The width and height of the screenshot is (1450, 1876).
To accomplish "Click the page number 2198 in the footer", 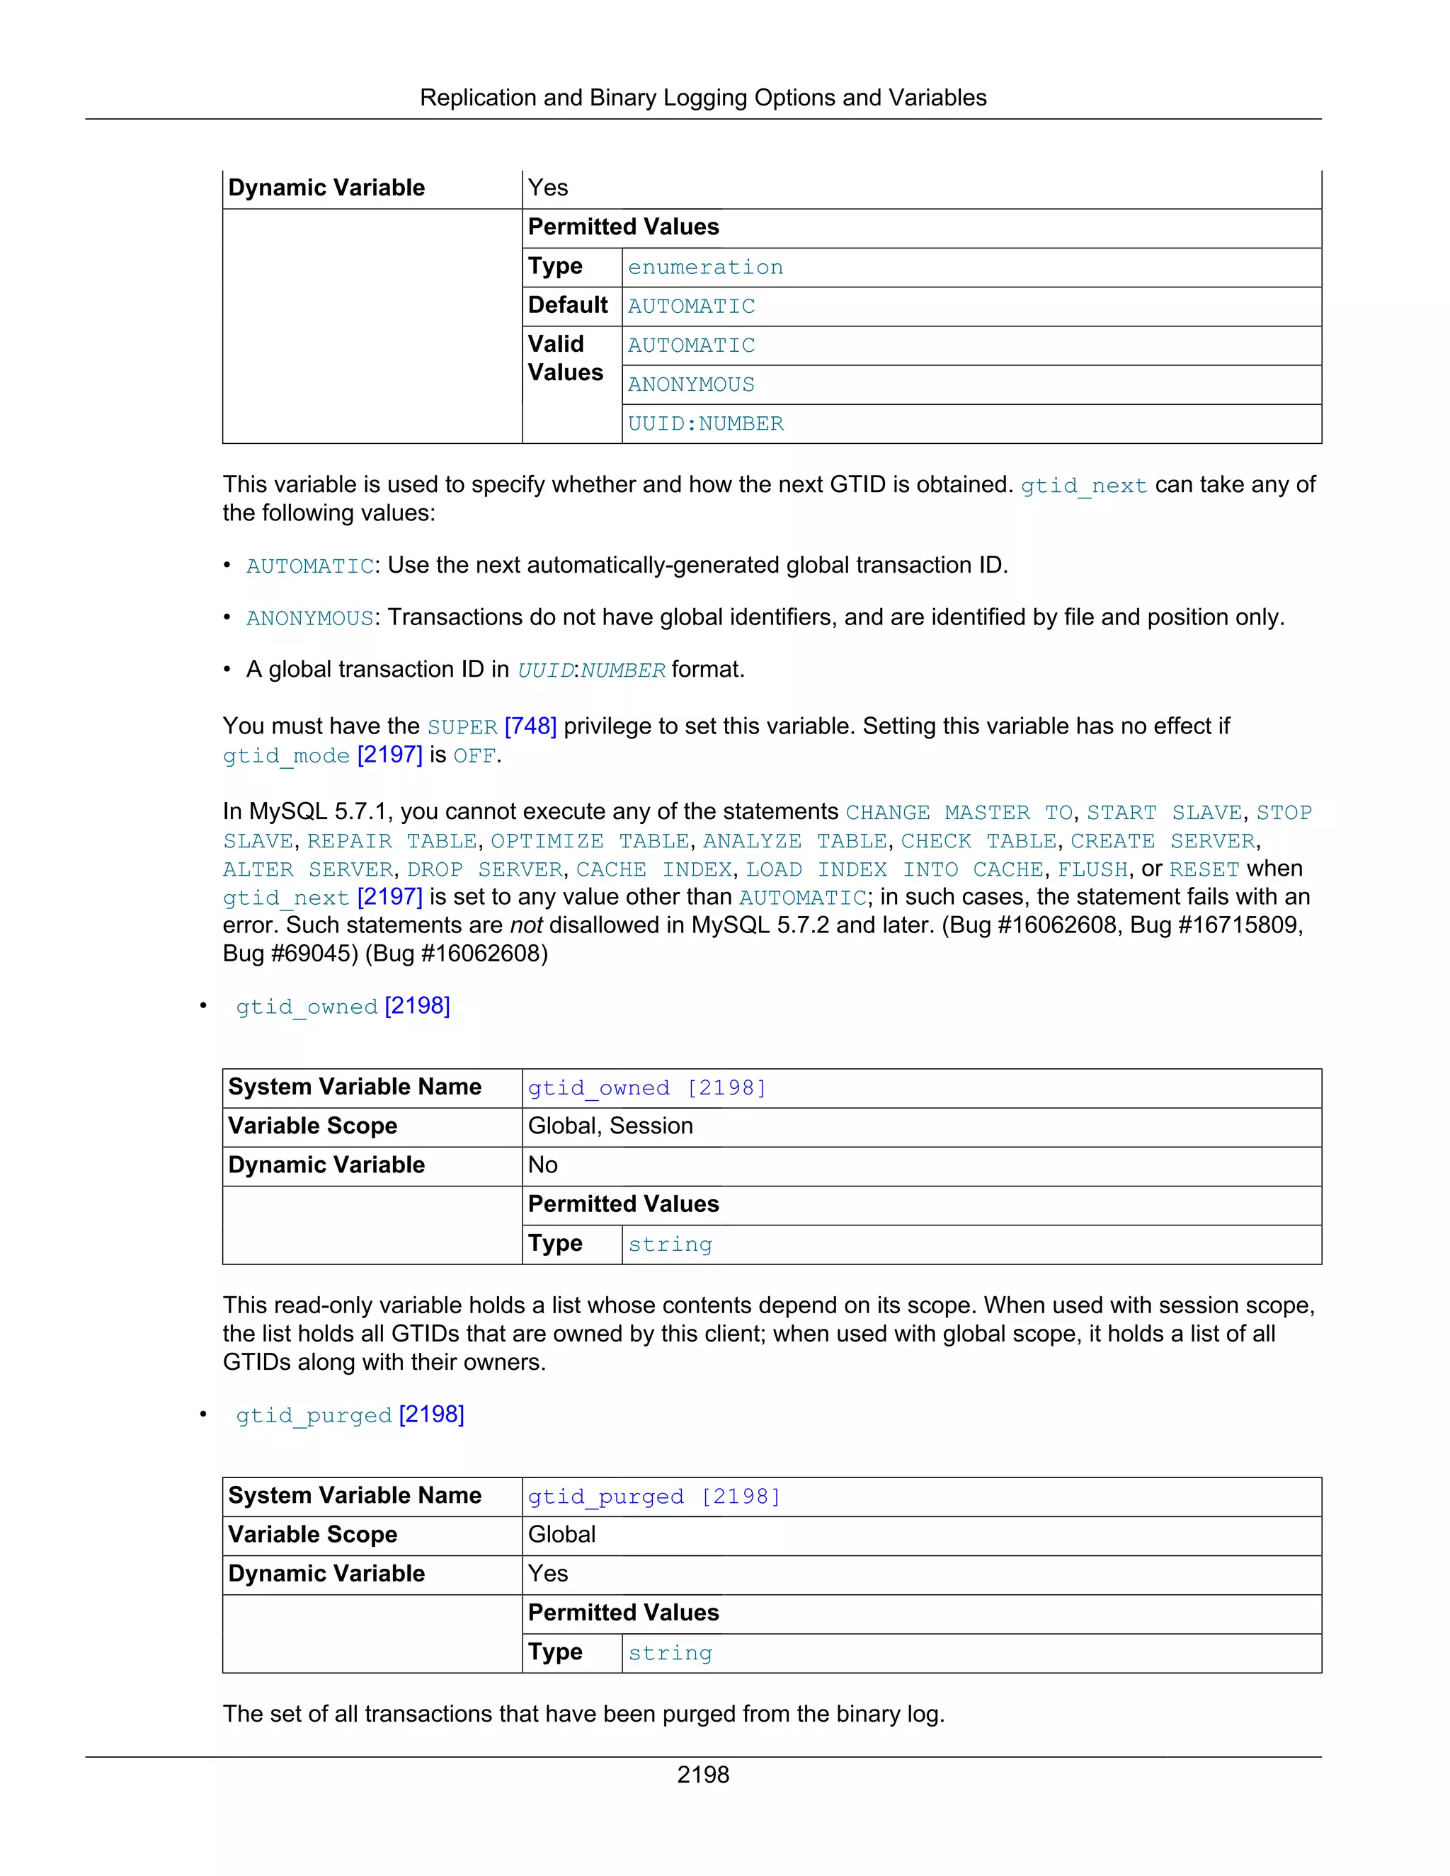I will click(x=702, y=1775).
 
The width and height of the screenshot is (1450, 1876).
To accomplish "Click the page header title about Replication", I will click(x=702, y=98).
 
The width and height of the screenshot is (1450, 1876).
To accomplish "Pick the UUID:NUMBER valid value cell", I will click(x=705, y=424).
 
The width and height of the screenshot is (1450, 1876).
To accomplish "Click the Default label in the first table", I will click(x=568, y=306).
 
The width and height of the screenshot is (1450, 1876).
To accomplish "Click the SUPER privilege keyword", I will click(x=462, y=728).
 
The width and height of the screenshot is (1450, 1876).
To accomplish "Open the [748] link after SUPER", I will click(x=531, y=727).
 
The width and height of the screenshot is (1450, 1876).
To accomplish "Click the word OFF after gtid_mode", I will click(x=474, y=756).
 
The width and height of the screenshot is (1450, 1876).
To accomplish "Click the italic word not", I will click(x=526, y=925).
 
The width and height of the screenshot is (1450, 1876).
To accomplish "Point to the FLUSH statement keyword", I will click(x=1092, y=869).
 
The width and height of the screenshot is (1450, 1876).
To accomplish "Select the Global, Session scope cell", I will click(x=610, y=1126).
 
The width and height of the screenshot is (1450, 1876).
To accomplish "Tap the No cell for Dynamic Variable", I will click(x=543, y=1166).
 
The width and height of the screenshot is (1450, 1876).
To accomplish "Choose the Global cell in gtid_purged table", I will click(x=561, y=1535).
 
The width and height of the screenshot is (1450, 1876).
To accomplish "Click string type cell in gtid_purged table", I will click(x=670, y=1654).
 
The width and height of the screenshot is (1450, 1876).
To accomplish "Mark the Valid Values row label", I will click(x=565, y=359).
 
